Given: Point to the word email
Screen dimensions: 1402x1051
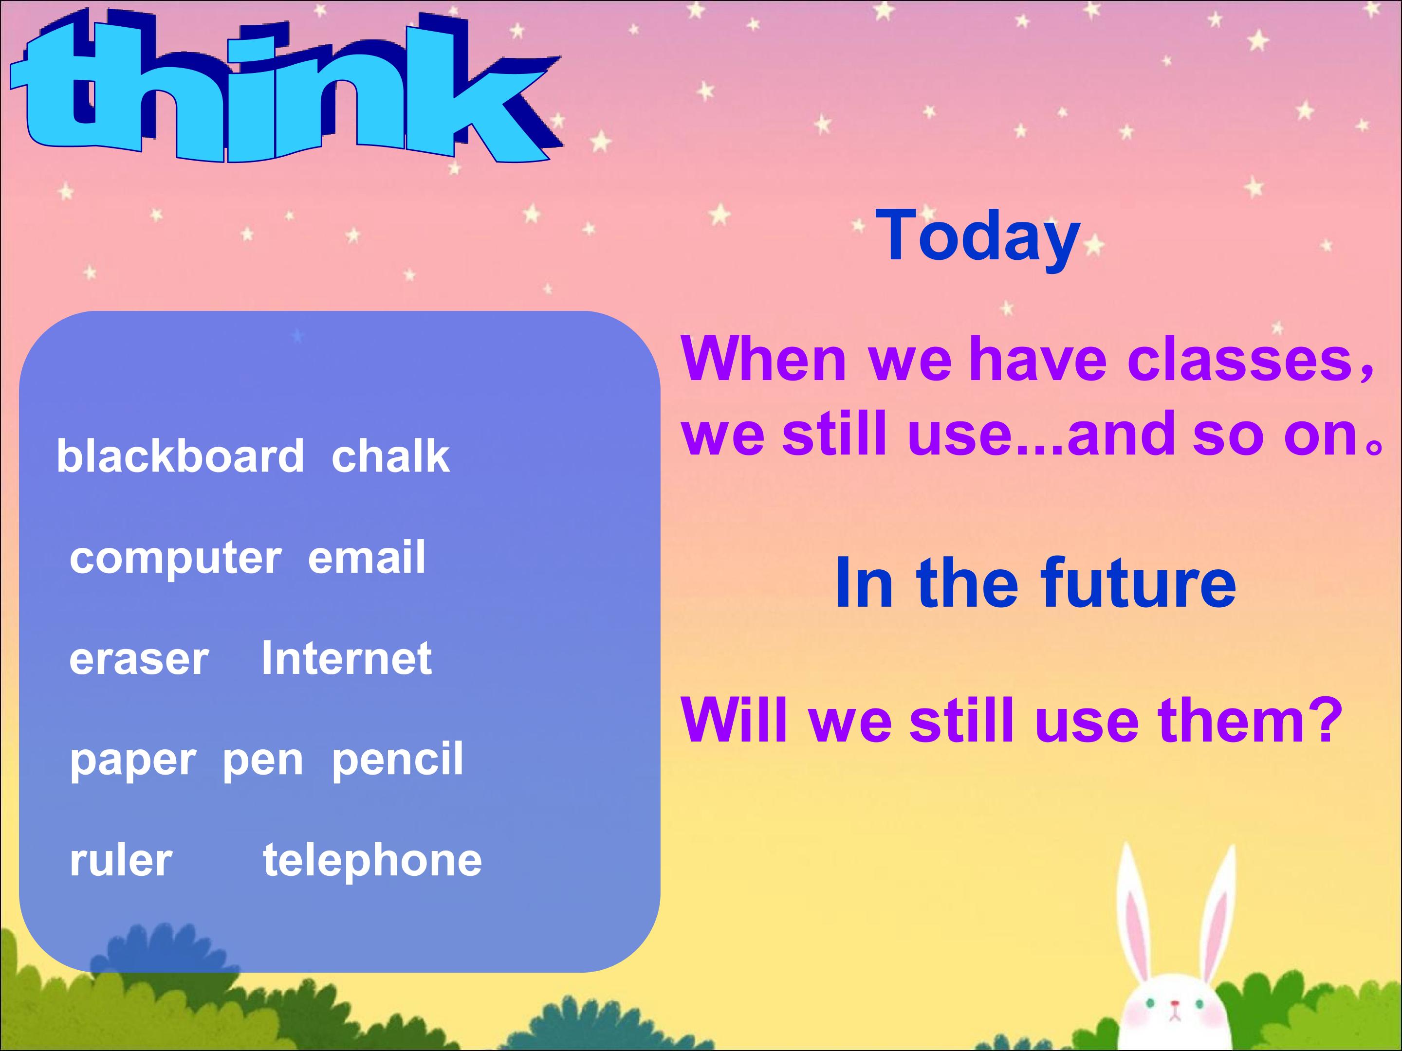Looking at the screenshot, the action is coord(367,556).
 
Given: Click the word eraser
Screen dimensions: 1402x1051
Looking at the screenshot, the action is coord(139,659).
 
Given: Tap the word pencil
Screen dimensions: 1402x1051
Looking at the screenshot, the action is coord(397,758).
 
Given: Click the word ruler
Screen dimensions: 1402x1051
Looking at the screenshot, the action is coord(121,860).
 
